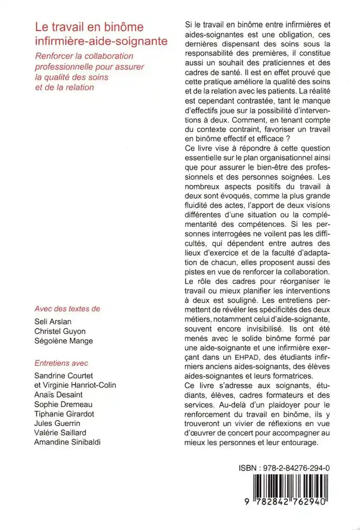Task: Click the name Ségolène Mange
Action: [x=63, y=341]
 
